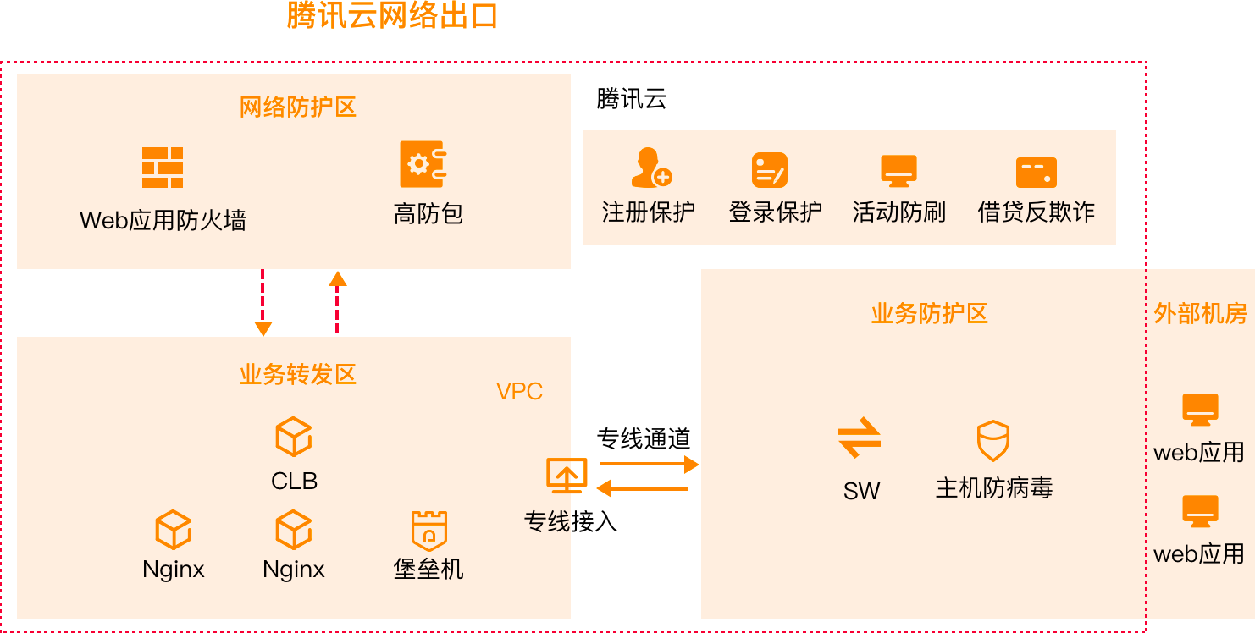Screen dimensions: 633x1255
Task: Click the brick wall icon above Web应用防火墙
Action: click(x=163, y=167)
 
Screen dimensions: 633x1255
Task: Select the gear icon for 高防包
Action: click(x=423, y=164)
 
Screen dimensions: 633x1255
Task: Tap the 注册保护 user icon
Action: click(x=650, y=168)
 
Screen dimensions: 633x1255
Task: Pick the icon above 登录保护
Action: click(x=769, y=170)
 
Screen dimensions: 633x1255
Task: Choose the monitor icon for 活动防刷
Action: click(x=898, y=170)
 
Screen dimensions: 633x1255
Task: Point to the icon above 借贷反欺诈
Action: click(x=1036, y=172)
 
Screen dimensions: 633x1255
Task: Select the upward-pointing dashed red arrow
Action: click(x=337, y=302)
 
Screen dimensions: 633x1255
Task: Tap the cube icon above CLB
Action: click(x=294, y=437)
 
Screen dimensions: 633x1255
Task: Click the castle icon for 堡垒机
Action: click(x=428, y=531)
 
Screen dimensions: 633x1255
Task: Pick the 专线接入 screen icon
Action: click(x=566, y=476)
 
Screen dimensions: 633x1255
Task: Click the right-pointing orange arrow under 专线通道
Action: click(x=649, y=464)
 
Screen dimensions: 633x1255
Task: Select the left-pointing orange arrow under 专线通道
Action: click(x=644, y=488)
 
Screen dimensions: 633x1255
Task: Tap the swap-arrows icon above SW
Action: click(x=860, y=438)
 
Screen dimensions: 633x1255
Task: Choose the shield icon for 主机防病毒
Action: click(x=992, y=440)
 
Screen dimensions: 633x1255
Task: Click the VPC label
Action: click(x=519, y=391)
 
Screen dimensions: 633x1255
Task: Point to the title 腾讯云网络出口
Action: click(x=392, y=16)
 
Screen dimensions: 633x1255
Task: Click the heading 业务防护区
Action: click(x=929, y=314)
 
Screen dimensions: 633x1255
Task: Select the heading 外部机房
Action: click(x=1200, y=314)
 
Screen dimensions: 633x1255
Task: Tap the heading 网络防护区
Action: click(x=297, y=107)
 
